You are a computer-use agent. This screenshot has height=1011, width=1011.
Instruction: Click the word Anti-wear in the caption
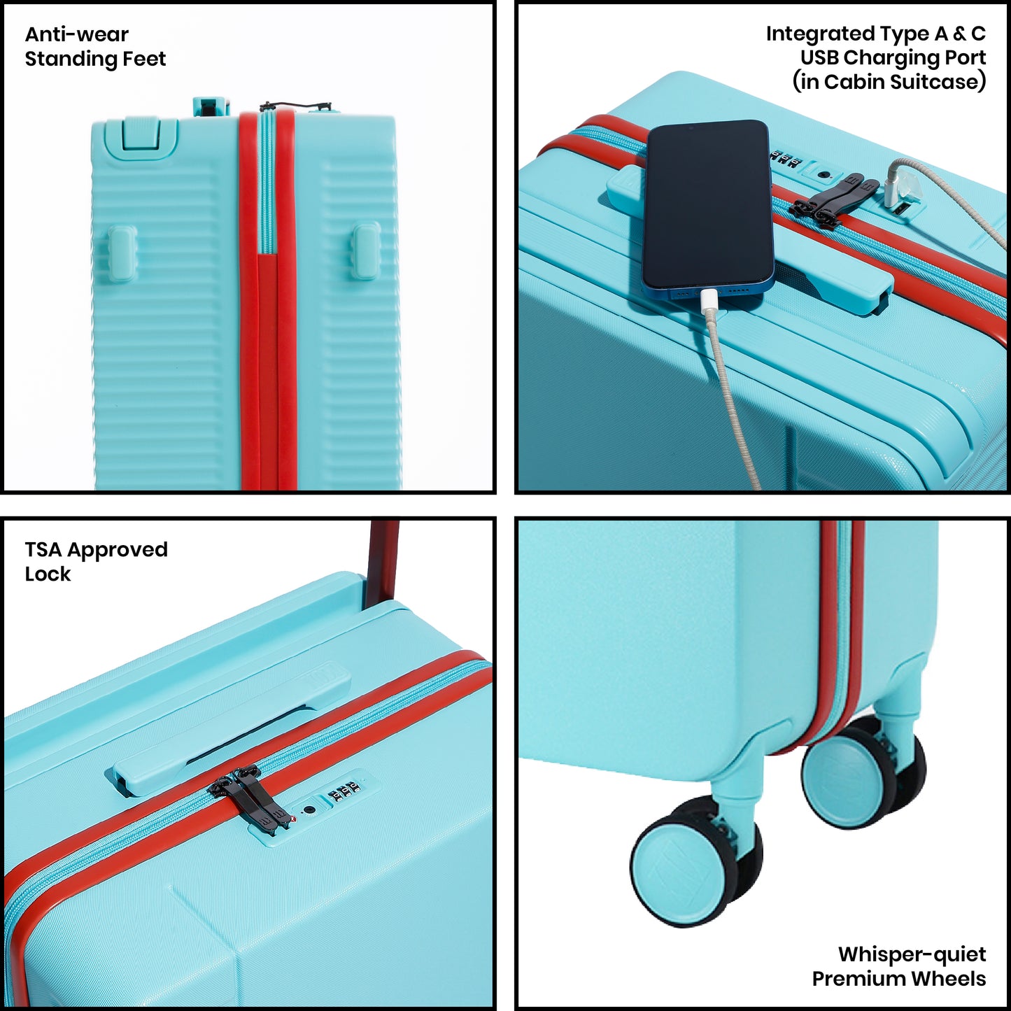(76, 34)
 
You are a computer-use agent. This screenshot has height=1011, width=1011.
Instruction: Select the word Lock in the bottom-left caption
(47, 574)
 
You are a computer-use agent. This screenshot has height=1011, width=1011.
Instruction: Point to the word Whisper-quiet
(912, 954)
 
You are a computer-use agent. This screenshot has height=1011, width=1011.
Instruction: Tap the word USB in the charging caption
(820, 57)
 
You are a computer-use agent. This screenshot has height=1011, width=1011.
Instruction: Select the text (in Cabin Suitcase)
(889, 82)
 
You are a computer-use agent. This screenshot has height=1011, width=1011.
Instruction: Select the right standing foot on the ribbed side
(367, 250)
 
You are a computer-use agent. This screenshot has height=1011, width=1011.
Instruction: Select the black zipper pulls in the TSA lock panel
(250, 799)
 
